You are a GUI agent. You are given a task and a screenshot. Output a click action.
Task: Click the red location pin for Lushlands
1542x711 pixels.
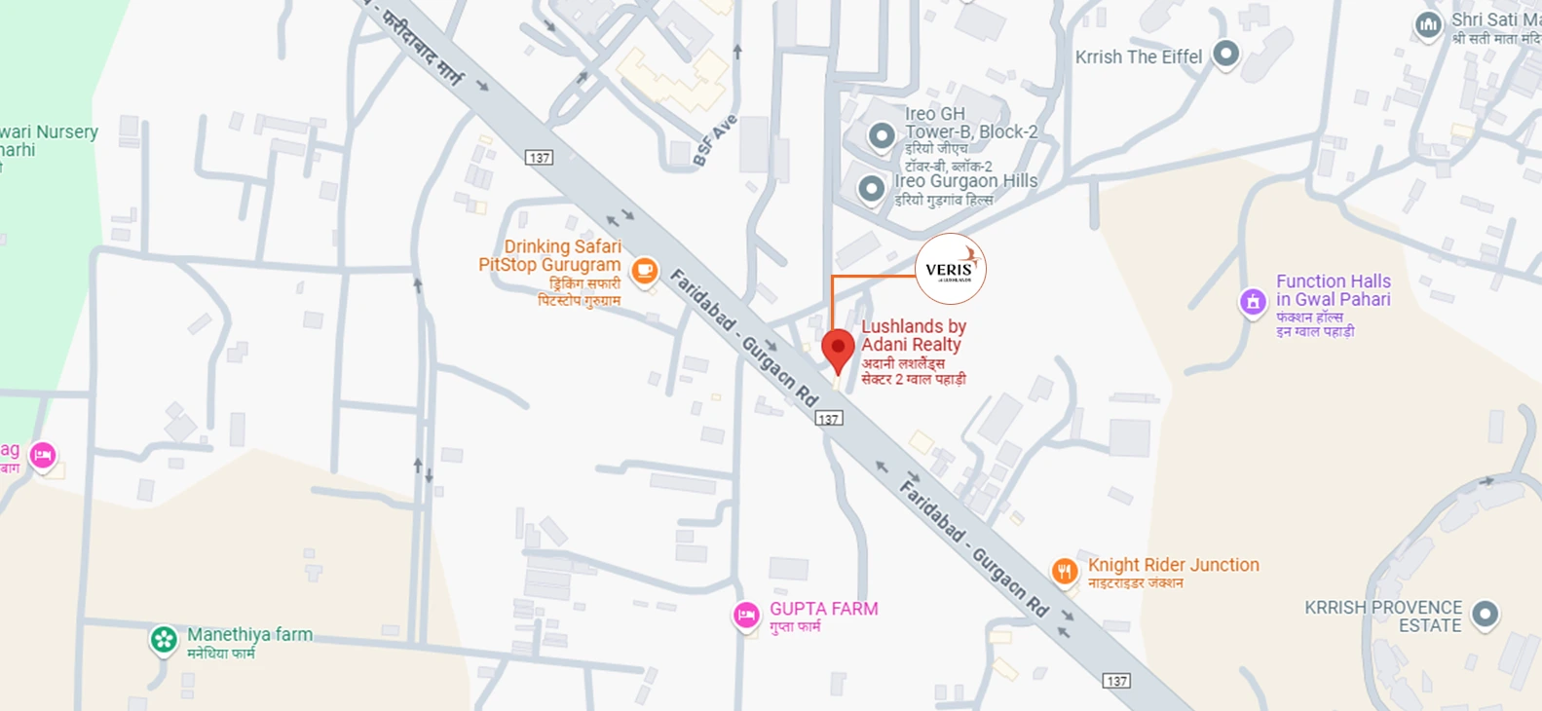838,349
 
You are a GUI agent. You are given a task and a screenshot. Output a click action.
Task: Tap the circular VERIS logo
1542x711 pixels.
951,269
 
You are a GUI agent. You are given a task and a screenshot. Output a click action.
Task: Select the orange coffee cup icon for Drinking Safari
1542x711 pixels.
644,271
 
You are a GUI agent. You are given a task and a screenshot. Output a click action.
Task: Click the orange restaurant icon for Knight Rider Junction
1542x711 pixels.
1064,571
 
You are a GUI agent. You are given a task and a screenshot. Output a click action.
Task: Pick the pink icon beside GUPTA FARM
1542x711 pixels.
746,616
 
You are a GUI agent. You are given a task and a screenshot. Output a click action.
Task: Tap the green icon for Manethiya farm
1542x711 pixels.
164,640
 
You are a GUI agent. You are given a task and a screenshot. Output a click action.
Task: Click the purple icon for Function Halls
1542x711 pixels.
1253,302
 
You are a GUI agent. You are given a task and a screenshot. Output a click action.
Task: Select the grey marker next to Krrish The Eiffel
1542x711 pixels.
1225,54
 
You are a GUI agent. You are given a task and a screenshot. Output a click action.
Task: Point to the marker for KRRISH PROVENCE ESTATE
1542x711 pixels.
1485,615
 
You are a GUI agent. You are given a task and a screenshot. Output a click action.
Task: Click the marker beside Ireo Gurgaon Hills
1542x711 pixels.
871,188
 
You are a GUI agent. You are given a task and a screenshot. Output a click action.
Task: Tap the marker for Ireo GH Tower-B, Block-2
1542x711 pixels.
882,136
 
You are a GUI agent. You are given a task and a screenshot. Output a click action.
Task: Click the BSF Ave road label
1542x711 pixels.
715,141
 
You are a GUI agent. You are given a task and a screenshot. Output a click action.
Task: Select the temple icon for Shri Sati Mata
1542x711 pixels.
1428,25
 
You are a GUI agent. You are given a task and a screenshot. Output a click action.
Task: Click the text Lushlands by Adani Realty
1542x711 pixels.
913,335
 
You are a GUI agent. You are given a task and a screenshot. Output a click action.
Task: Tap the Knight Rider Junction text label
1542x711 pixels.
1173,565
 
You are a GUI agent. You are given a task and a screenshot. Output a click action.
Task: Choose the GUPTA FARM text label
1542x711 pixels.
823,609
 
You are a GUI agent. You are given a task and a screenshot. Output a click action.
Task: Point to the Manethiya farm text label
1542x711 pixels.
249,634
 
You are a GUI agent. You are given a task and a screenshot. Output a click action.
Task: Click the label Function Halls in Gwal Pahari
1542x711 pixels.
1333,290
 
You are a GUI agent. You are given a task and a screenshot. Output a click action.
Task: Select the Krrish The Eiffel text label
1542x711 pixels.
1138,56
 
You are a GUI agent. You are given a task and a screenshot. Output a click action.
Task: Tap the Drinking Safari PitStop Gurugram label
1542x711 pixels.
551,255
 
